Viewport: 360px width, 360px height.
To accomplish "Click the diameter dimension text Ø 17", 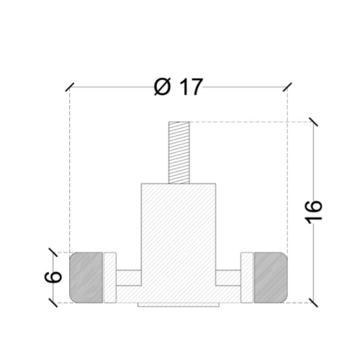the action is tap(179, 87).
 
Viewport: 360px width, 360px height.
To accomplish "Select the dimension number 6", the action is tap(53, 276).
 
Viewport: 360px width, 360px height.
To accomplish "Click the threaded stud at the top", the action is tap(179, 153).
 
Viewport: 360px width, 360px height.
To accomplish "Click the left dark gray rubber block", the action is tap(86, 277).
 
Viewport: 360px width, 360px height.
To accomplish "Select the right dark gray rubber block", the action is tap(271, 277).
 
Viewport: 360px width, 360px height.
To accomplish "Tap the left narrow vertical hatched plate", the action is tap(110, 277).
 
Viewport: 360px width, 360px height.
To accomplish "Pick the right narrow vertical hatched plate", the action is tap(247, 277).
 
